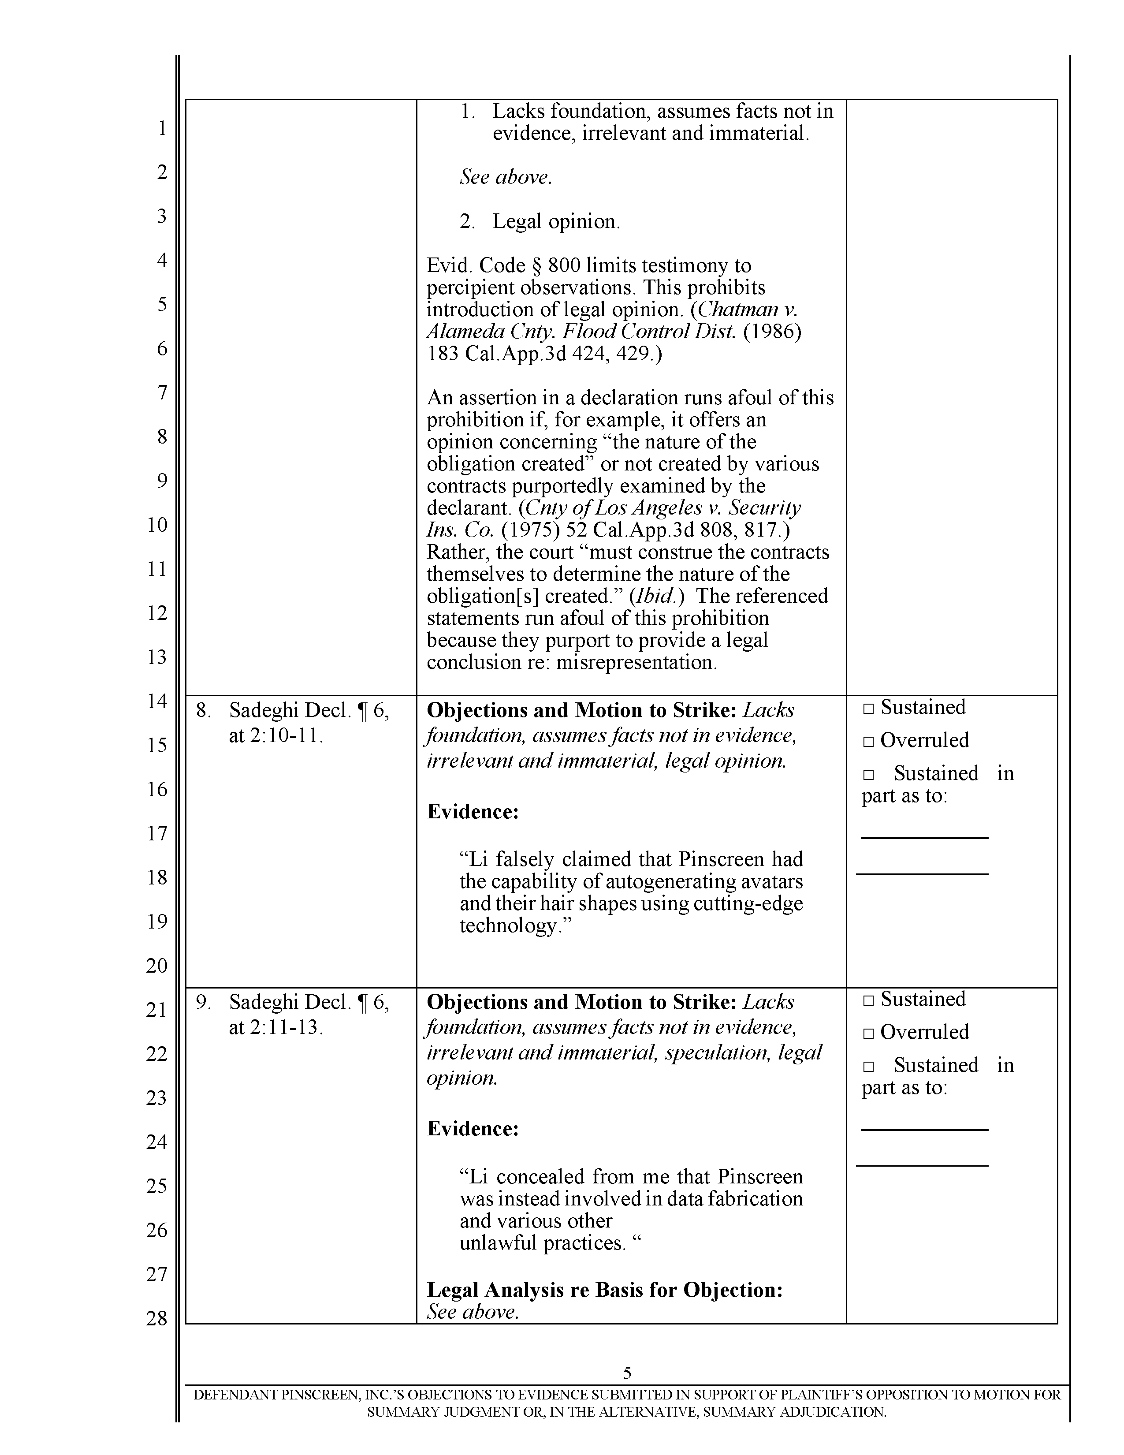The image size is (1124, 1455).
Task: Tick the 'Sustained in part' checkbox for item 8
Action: pos(867,775)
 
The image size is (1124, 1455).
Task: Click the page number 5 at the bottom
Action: pos(627,1373)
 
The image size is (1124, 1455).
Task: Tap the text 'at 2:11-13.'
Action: pos(275,1027)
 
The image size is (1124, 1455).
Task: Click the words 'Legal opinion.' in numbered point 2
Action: pos(556,221)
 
